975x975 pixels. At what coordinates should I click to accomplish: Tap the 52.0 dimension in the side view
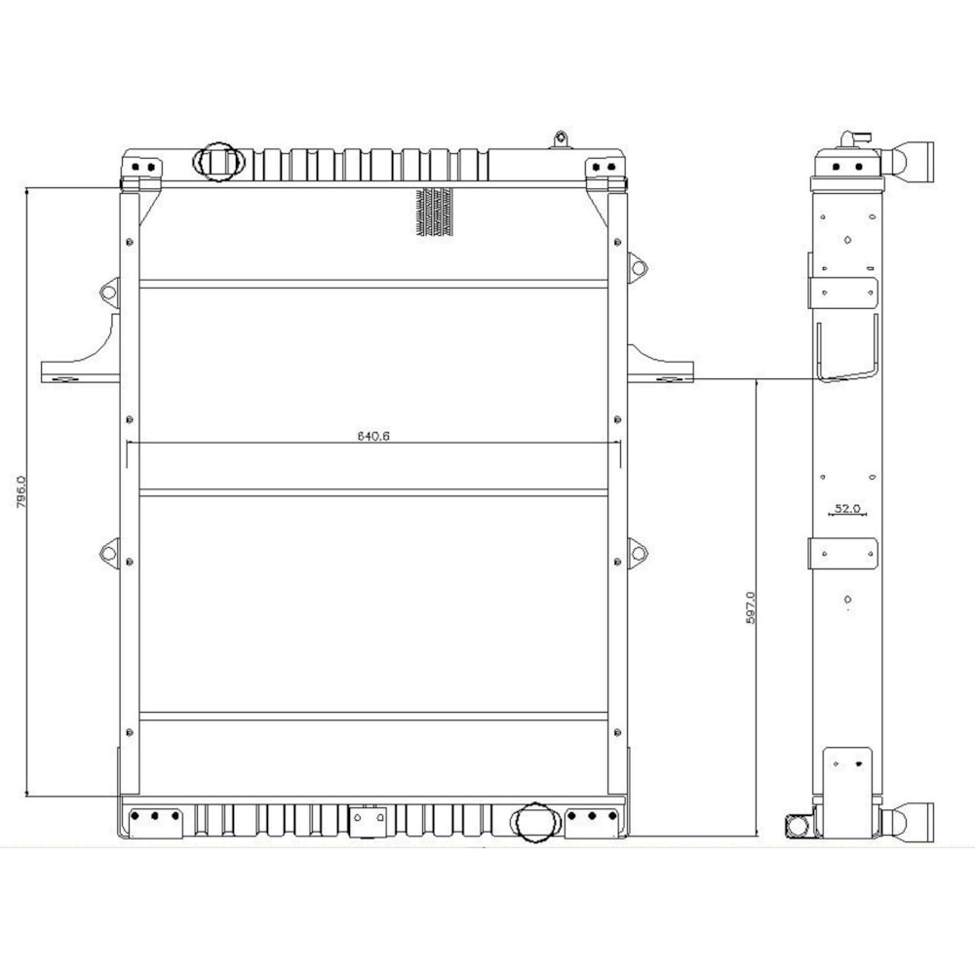tap(846, 508)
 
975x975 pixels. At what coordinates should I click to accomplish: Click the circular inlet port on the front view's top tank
tap(216, 160)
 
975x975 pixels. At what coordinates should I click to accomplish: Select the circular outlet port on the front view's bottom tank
tap(533, 821)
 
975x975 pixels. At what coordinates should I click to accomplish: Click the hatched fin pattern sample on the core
tap(434, 212)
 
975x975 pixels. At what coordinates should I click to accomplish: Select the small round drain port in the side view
tap(798, 825)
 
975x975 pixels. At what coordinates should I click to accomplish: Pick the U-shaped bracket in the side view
tap(846, 351)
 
